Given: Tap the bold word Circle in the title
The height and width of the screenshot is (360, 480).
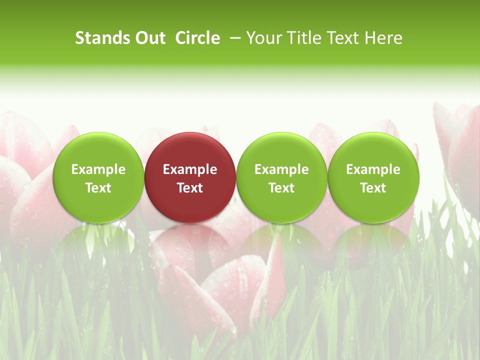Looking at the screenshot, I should coord(197,38).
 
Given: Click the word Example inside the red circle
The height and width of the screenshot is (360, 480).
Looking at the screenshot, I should coord(190,169).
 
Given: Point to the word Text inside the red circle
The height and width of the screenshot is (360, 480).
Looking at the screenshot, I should coord(190,188).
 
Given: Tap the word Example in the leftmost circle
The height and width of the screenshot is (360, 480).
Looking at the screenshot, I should coord(98,169).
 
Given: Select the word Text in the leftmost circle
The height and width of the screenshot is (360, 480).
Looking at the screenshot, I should coord(98,188).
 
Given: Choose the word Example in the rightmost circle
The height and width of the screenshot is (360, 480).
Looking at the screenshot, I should coord(373,169).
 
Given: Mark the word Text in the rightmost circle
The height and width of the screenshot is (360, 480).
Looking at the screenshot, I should coord(373,188).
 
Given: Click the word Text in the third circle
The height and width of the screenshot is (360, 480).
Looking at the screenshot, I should coord(281,188).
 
